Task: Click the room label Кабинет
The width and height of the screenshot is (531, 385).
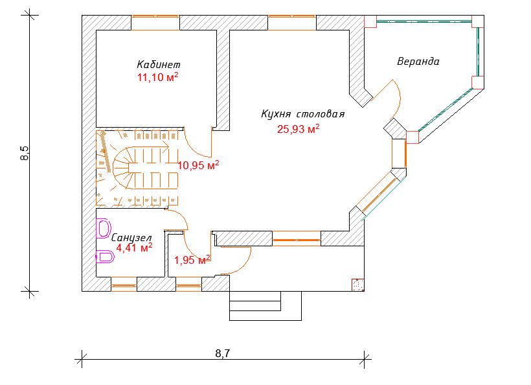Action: click(x=159, y=64)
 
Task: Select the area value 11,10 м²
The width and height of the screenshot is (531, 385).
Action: click(x=158, y=77)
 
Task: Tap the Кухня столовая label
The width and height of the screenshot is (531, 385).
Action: click(x=303, y=114)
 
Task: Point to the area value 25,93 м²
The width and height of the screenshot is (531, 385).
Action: click(x=299, y=129)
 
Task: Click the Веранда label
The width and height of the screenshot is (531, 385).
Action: click(x=418, y=62)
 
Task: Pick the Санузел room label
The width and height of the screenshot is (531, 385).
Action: click(x=131, y=238)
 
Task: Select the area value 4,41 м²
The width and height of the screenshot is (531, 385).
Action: click(x=134, y=248)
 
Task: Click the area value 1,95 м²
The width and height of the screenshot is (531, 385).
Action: click(x=192, y=260)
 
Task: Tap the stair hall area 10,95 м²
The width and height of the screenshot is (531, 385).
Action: click(x=198, y=165)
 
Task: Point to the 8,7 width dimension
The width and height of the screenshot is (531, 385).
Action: click(x=223, y=353)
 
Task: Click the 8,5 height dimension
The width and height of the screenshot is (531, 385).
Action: click(x=25, y=153)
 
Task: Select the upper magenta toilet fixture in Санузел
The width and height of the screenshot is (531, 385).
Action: click(x=104, y=228)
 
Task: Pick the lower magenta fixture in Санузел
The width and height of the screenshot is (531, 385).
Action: click(x=105, y=257)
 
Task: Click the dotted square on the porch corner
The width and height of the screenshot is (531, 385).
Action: click(x=358, y=285)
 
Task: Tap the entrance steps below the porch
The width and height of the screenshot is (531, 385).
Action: click(x=265, y=306)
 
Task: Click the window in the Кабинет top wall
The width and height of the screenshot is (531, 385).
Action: click(x=155, y=23)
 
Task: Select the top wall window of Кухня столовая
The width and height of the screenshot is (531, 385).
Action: click(x=292, y=23)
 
